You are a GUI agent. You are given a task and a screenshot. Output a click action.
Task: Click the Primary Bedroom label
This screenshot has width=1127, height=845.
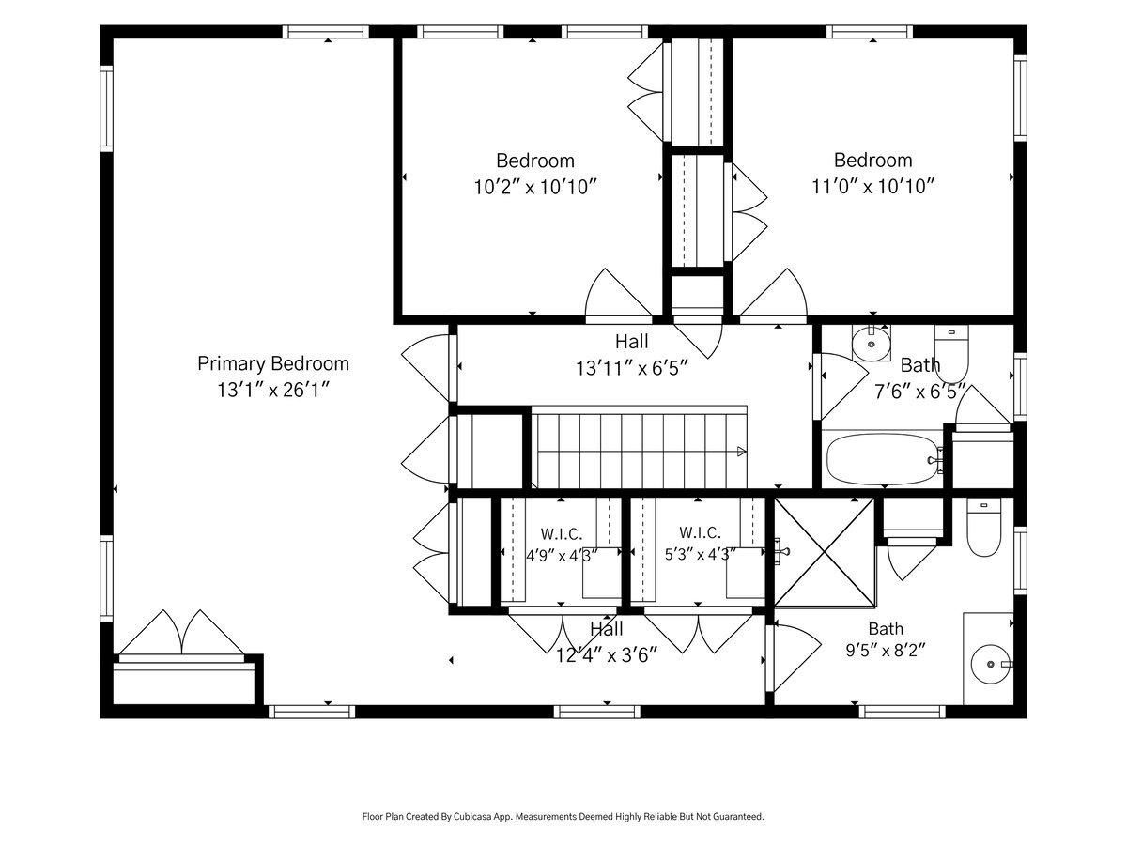[273, 363]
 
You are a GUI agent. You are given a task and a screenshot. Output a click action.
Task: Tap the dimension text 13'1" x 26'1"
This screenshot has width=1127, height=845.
[273, 391]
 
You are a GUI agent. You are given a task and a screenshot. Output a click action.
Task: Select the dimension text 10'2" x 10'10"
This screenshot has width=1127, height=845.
[535, 187]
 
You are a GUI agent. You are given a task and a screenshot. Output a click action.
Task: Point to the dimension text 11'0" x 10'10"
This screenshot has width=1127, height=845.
[872, 186]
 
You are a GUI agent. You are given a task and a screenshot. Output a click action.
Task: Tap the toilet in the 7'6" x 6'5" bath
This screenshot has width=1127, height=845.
[950, 353]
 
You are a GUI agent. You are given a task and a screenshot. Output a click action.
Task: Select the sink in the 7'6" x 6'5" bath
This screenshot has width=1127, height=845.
[871, 343]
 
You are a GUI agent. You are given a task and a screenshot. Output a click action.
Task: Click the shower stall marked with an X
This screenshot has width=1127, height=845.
[824, 552]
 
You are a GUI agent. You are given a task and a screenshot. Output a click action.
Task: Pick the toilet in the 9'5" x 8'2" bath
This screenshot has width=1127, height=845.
[983, 528]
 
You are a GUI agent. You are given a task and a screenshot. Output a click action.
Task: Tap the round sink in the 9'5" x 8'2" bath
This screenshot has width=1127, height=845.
[991, 664]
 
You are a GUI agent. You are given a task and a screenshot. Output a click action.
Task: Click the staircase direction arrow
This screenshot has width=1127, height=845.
[741, 452]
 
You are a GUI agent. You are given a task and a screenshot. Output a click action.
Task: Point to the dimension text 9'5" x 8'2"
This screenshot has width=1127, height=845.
[886, 651]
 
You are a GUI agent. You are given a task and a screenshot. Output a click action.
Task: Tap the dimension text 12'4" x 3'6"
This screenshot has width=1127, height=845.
[607, 655]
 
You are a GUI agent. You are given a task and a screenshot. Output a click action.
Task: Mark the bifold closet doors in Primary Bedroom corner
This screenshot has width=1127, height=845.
[181, 633]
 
